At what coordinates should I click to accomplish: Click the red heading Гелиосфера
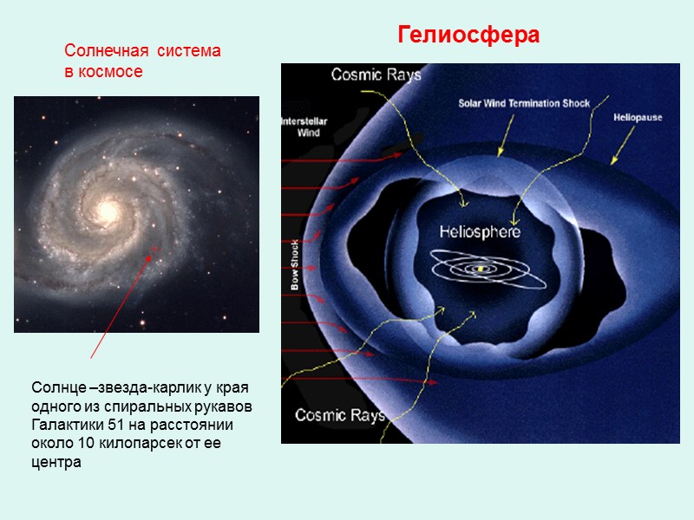coord(468,36)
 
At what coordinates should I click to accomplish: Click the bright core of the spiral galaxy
coord(108,210)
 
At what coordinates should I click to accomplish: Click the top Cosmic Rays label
coord(376,75)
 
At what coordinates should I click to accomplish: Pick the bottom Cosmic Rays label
coord(339,415)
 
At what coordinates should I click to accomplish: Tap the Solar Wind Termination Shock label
coord(524,103)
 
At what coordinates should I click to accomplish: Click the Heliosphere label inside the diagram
coord(480,232)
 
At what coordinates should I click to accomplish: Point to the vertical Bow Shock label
coord(295,263)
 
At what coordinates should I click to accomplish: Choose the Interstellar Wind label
coord(300,127)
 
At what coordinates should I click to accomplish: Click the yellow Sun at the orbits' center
coord(477,269)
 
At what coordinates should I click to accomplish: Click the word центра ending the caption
coord(56,462)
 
